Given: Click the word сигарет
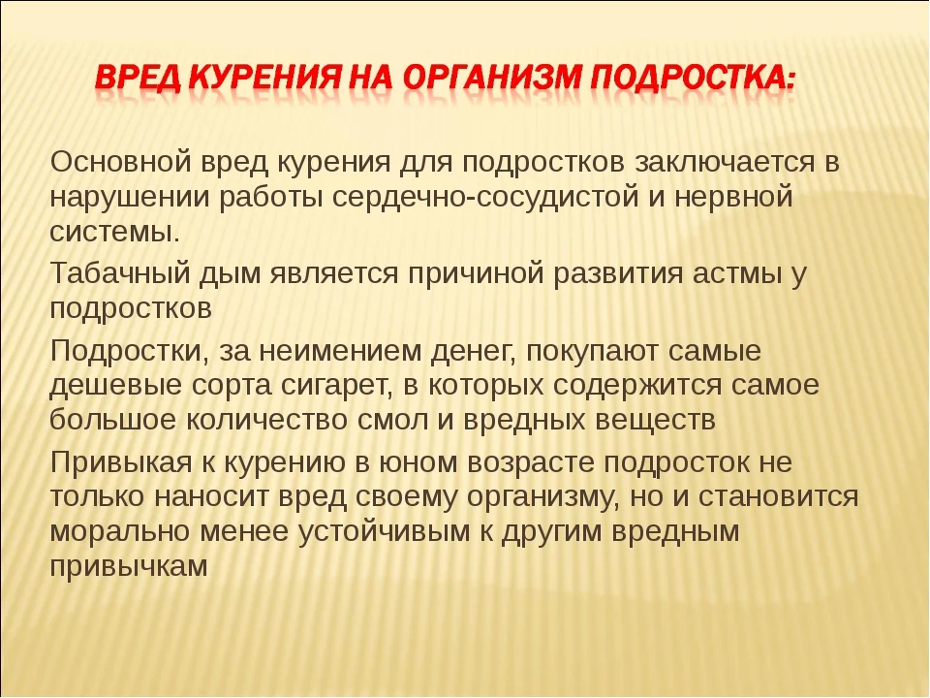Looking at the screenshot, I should [x=329, y=385].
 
